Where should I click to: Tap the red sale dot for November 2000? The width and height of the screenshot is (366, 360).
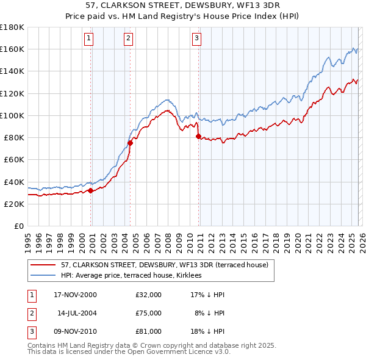(91, 190)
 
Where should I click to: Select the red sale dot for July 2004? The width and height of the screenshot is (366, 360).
(130, 143)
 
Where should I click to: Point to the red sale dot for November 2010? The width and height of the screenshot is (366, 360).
(198, 137)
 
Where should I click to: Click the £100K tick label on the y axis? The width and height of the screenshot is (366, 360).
(12, 115)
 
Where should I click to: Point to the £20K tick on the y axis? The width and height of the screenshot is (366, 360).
(14, 204)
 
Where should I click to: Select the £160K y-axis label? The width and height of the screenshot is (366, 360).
(12, 49)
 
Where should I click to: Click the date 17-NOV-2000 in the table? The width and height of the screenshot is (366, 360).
(75, 295)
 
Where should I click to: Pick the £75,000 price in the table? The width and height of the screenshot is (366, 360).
(149, 313)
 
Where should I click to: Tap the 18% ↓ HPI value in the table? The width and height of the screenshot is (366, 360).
(208, 331)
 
